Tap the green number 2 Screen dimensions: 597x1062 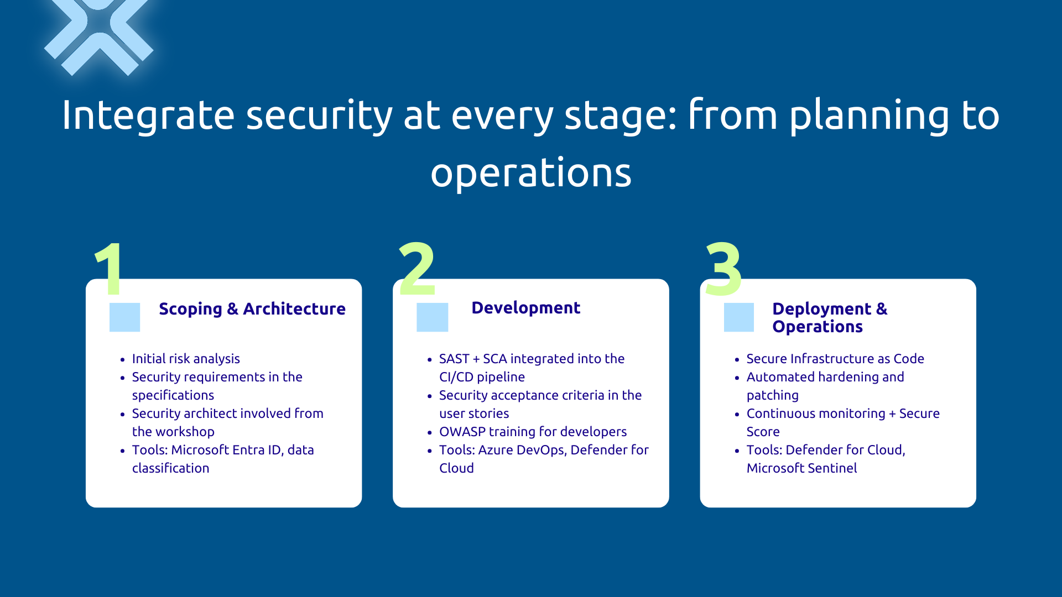[x=417, y=270]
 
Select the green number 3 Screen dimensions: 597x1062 [x=723, y=270]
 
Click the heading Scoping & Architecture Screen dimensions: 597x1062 [x=252, y=308]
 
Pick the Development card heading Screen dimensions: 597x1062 [x=525, y=308]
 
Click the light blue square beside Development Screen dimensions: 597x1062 [x=432, y=317]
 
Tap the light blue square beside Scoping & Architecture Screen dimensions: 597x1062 [x=124, y=317]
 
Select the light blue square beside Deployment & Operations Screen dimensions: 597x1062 [x=738, y=317]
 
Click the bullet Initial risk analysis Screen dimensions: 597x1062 [x=186, y=359]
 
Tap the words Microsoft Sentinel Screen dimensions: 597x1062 [x=801, y=468]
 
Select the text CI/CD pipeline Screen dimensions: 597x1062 [x=482, y=377]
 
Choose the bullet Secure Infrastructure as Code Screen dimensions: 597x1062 [x=835, y=359]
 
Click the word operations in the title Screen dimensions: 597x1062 [x=530, y=173]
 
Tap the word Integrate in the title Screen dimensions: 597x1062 [x=148, y=115]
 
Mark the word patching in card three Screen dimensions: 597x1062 [x=772, y=395]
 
